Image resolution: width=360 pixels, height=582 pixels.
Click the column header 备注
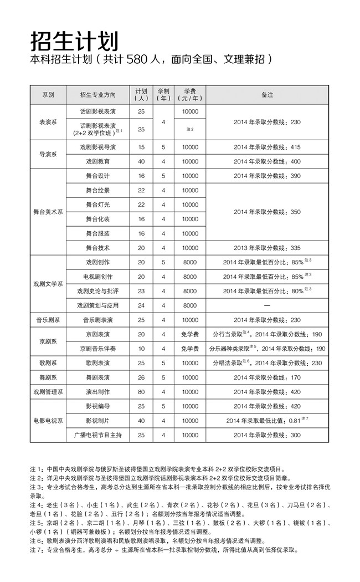coord(267,95)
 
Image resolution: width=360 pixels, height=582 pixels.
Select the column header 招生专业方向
coord(98,95)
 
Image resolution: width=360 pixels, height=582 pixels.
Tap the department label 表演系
coord(48,121)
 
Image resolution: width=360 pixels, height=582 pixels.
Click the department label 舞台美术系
coord(48,212)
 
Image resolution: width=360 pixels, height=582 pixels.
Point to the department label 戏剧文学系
coord(48,283)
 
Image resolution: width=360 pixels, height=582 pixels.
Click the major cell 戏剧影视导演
coord(98,147)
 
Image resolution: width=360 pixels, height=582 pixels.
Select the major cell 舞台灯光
coord(98,205)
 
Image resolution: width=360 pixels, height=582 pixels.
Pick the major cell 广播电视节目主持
coord(98,435)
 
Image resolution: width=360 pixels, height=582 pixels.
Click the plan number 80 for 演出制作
coord(141,392)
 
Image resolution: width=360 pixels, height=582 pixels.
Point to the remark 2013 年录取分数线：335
coord(267,248)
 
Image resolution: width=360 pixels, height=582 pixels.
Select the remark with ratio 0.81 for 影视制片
coord(267,421)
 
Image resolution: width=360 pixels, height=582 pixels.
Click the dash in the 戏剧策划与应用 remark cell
coord(267,305)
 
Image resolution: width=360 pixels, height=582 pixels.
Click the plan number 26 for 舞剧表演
coord(141,377)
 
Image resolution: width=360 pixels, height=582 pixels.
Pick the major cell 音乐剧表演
coord(98,320)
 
